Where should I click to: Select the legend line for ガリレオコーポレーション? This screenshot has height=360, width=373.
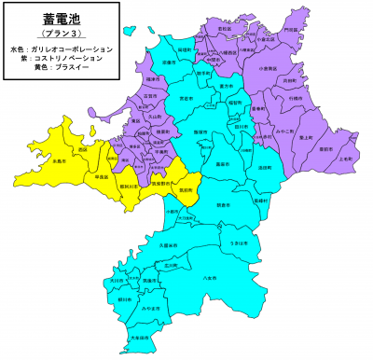(x=62, y=48)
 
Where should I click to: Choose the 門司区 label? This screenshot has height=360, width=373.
(x=292, y=30)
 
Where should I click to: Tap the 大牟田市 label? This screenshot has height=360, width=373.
(x=140, y=339)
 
